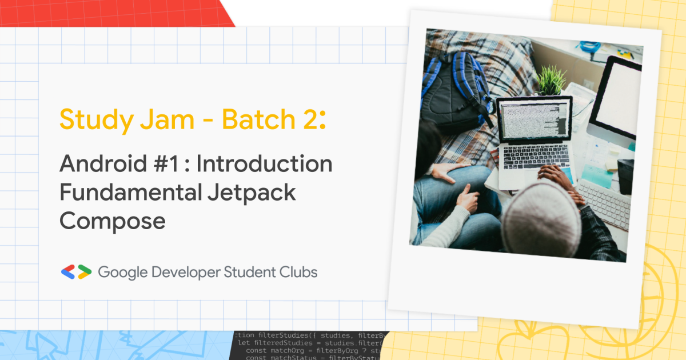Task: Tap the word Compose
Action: coord(113,221)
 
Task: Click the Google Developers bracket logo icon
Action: coord(76,272)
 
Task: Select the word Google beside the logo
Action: coord(122,273)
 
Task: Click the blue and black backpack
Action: coord(457,91)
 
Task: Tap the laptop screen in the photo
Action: coord(534,121)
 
